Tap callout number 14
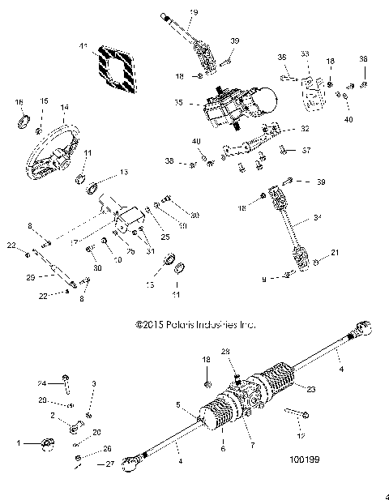coord(65,108)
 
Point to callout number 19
coord(194,12)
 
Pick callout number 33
coord(306,53)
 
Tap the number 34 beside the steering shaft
coord(317,217)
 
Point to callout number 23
coord(309,387)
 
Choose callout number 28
coord(226,351)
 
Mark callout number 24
coord(41,383)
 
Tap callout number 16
coord(18,102)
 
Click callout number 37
coord(306,151)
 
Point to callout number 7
coord(252,446)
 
